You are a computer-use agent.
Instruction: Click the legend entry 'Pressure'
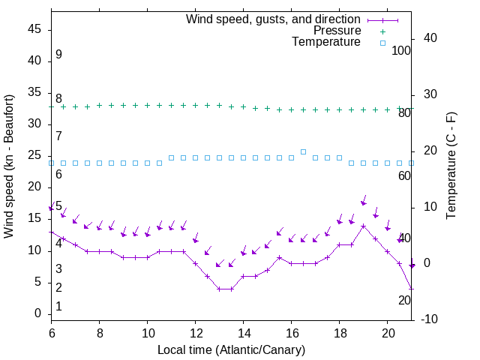click(337, 31)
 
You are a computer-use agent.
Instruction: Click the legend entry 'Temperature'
click(326, 43)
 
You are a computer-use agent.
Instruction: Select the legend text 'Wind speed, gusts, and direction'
click(274, 19)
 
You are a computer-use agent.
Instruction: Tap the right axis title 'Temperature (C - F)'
click(451, 166)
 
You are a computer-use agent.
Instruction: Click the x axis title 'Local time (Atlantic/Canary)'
click(231, 350)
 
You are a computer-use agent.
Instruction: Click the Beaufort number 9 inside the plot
click(58, 55)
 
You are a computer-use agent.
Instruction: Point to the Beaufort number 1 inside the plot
click(58, 307)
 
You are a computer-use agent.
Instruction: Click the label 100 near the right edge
click(402, 51)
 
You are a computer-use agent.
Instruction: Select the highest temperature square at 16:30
click(303, 151)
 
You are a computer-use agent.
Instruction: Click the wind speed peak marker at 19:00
click(363, 226)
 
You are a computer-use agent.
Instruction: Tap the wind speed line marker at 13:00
click(219, 289)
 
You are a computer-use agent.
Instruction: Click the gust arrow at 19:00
click(363, 201)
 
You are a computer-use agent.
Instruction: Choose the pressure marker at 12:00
click(195, 106)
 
